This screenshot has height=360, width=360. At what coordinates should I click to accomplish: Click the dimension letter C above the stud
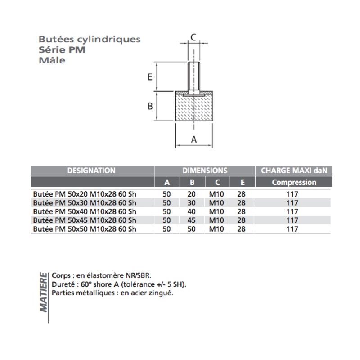point(193,37)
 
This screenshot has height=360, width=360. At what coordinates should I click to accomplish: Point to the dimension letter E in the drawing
point(150,77)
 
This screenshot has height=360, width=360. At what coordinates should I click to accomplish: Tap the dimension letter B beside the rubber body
point(151,106)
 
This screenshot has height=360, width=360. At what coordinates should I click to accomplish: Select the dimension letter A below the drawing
point(194,139)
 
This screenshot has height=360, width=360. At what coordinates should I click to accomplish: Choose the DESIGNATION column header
point(91,171)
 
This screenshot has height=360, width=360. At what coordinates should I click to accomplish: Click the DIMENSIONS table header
point(205,171)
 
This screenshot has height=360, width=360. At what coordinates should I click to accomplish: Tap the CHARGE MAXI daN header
point(294,171)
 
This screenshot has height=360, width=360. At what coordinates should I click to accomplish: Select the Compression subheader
point(294,182)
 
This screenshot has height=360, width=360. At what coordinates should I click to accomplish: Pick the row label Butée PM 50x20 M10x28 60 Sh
point(85,194)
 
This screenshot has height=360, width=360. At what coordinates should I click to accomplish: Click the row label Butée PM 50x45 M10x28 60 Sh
point(85,220)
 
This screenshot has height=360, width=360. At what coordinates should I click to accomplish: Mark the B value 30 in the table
point(192,203)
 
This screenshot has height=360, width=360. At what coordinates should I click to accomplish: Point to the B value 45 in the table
point(192,220)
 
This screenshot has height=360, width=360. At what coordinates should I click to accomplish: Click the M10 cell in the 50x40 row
point(217,211)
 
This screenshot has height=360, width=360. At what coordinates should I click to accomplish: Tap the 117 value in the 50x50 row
point(292,229)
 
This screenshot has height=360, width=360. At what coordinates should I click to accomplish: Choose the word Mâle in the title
point(52,60)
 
